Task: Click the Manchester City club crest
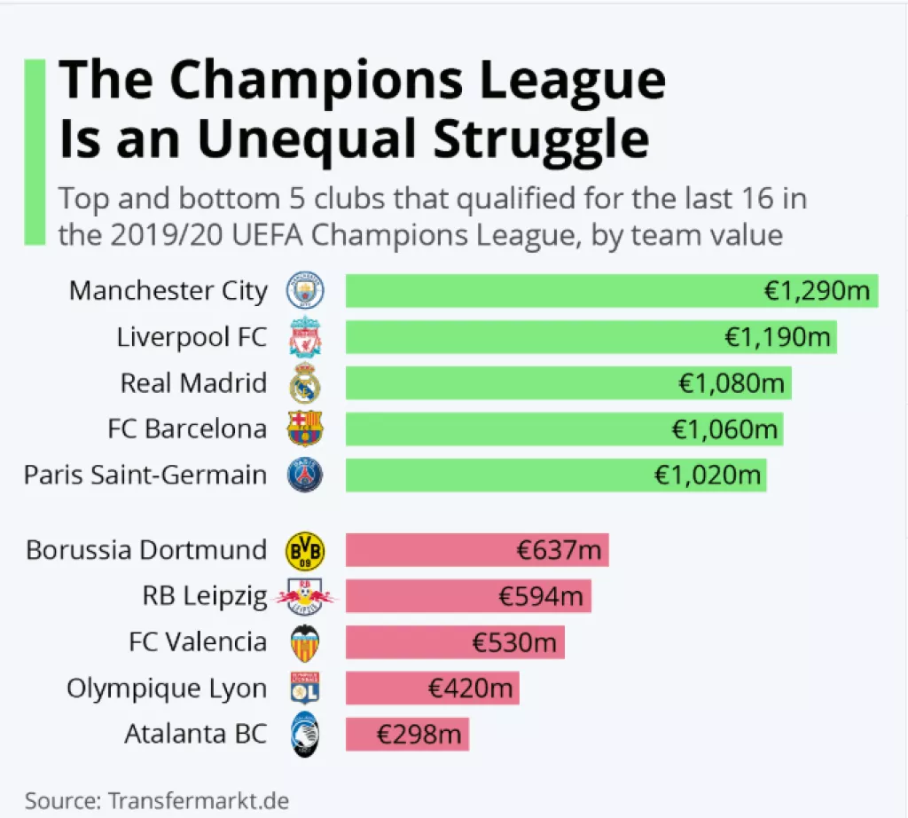[x=305, y=291]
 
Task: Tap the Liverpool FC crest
[x=305, y=337]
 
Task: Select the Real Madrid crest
[x=305, y=383]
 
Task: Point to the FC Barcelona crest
[x=305, y=429]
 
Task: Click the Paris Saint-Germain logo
[x=305, y=476]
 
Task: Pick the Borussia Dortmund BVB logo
[x=305, y=551]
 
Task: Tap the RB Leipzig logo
[x=305, y=597]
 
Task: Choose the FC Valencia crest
[x=305, y=643]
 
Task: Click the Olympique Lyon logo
[x=305, y=689]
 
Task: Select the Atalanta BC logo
[x=305, y=735]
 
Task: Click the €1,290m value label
[x=818, y=291]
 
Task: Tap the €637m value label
[x=559, y=551]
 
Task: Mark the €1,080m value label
[x=732, y=383]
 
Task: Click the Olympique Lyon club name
[x=167, y=689]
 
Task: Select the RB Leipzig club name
[x=205, y=597]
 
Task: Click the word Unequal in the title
[x=305, y=139]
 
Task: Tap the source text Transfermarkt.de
[x=199, y=800]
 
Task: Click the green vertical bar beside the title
[x=35, y=152]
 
